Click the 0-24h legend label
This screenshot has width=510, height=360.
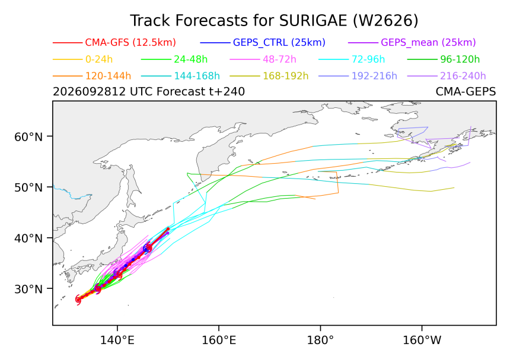click(99, 59)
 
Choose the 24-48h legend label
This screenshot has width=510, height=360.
click(190, 59)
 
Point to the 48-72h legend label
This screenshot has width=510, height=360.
click(279, 59)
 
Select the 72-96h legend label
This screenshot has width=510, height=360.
click(368, 59)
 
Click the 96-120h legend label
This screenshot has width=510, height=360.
click(460, 59)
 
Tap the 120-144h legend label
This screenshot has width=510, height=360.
click(108, 76)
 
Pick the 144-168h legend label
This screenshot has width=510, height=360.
click(197, 76)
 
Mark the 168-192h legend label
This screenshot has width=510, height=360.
click(286, 76)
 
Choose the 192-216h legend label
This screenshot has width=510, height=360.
click(374, 76)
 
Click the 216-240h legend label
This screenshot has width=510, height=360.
click(463, 76)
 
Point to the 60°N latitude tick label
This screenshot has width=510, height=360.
click(28, 137)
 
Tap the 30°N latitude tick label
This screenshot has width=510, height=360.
click(28, 289)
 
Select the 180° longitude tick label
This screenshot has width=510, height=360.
click(320, 340)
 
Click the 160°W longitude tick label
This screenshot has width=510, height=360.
click(422, 340)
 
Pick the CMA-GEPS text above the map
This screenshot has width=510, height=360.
click(466, 92)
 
